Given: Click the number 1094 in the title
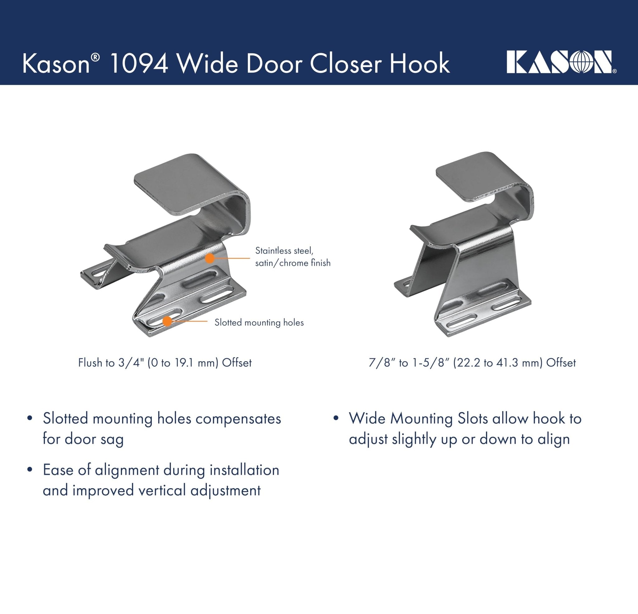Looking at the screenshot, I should (x=139, y=64).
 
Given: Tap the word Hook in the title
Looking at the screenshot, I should (x=420, y=64).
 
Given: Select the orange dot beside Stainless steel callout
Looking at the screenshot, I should (x=210, y=258).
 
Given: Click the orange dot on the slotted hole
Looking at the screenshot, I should (x=167, y=321).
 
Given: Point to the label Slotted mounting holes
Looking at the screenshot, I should (x=259, y=323).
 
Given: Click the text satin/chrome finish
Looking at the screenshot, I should (x=293, y=262).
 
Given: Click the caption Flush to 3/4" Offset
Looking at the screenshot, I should (x=165, y=363).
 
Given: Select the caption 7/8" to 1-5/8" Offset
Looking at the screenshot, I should (x=472, y=363).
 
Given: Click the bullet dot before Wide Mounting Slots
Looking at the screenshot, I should (x=336, y=418).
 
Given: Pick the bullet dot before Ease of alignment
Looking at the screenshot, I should (x=30, y=470).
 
